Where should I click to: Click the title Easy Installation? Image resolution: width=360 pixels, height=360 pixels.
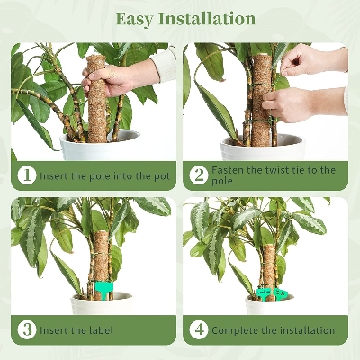pyautogui.click(x=180, y=18)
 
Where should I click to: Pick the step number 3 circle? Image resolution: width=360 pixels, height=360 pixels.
pyautogui.click(x=27, y=329)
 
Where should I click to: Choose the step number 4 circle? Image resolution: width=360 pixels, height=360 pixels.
pyautogui.click(x=199, y=329)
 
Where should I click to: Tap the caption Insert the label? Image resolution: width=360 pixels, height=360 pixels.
pyautogui.click(x=76, y=330)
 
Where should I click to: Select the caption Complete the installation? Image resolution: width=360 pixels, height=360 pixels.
pyautogui.click(x=274, y=330)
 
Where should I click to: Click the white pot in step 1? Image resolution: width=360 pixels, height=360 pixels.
pyautogui.click(x=99, y=146)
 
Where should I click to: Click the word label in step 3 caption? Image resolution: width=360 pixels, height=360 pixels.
pyautogui.click(x=100, y=330)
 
